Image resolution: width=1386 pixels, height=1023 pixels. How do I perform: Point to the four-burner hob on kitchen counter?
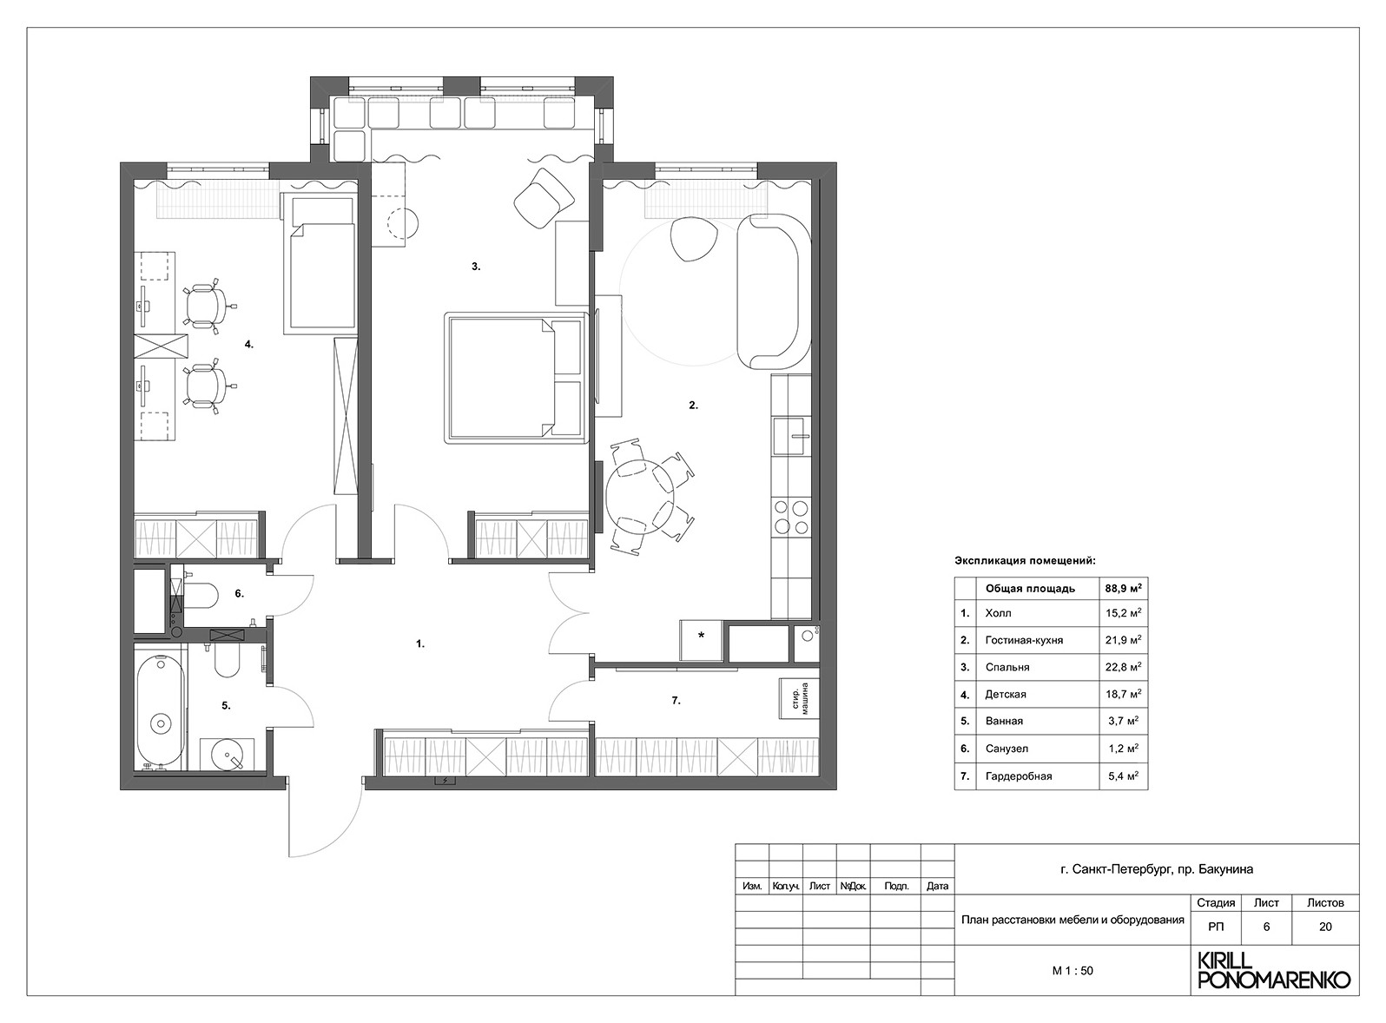pyautogui.click(x=790, y=517)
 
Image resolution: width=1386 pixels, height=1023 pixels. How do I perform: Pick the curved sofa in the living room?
pyautogui.click(x=771, y=291)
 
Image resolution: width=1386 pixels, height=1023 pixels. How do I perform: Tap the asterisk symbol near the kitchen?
pyautogui.click(x=702, y=636)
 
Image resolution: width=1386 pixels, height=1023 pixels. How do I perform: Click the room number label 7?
pyautogui.click(x=676, y=700)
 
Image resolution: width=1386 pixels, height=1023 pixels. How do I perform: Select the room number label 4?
pyautogui.click(x=248, y=345)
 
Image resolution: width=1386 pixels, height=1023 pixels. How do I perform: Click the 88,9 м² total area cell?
pyautogui.click(x=1123, y=588)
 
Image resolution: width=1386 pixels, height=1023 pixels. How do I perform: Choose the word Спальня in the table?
pyautogui.click(x=1007, y=667)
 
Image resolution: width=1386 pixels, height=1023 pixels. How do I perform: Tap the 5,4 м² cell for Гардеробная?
pyautogui.click(x=1123, y=775)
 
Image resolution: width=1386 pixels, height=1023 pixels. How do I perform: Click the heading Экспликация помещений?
pyautogui.click(x=1025, y=561)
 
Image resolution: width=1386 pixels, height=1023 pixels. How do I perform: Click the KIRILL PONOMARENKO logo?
pyautogui.click(x=1273, y=971)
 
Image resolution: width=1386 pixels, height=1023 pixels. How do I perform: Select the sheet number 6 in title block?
pyautogui.click(x=1266, y=927)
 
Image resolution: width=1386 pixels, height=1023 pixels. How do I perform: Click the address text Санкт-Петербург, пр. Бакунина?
pyautogui.click(x=1157, y=868)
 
